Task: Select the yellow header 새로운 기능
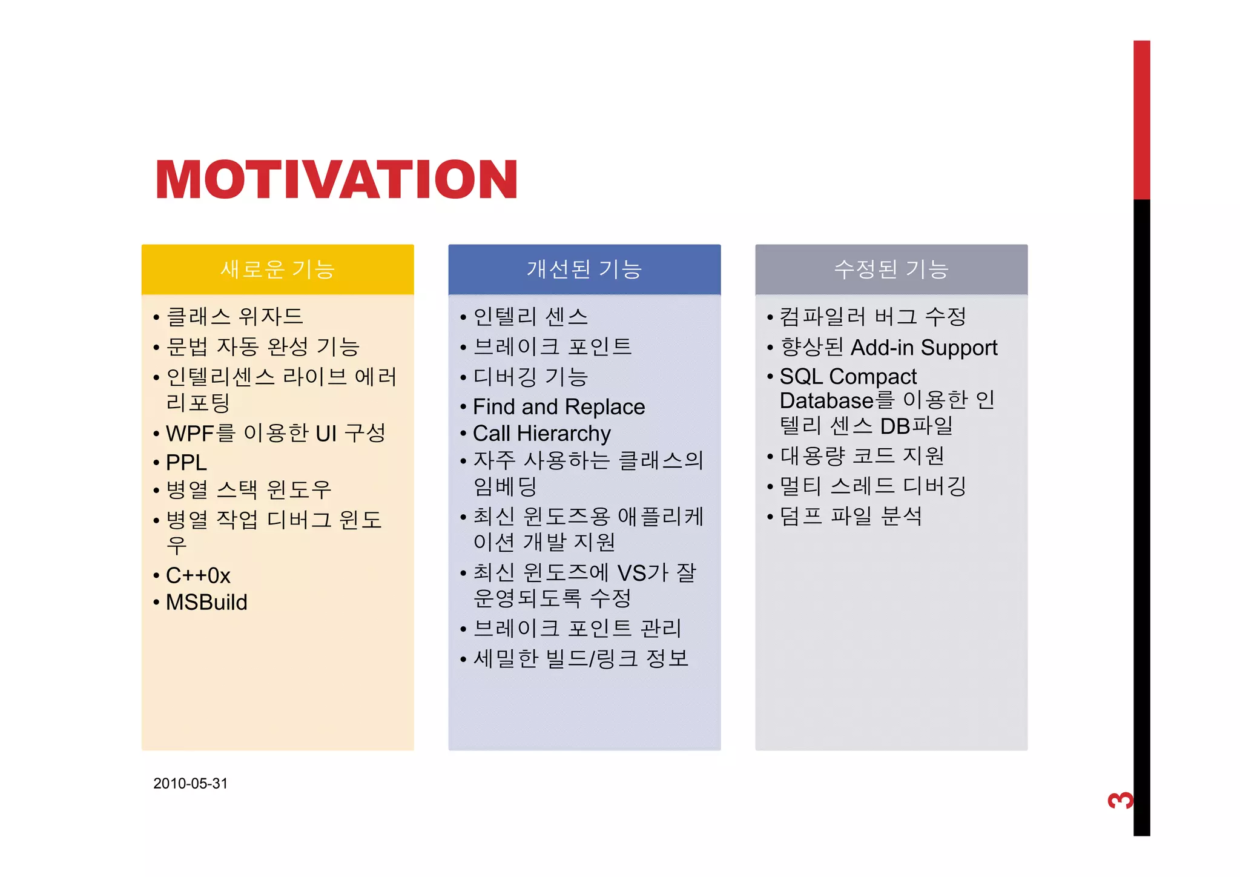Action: (277, 269)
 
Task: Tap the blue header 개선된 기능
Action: (584, 269)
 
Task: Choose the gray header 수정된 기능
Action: (891, 269)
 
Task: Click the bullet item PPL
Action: (186, 463)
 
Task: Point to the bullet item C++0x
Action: (198, 575)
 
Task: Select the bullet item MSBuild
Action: (206, 603)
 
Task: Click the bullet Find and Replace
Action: (559, 407)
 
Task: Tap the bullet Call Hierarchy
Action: (542, 434)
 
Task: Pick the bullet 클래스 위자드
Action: (235, 316)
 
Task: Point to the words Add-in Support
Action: (924, 348)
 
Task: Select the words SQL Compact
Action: (848, 377)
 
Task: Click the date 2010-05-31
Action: (190, 784)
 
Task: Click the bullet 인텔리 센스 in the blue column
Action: (530, 316)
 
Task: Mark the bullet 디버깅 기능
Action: (530, 377)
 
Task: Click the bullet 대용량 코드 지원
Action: (862, 455)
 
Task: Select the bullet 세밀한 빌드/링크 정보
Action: (581, 658)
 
